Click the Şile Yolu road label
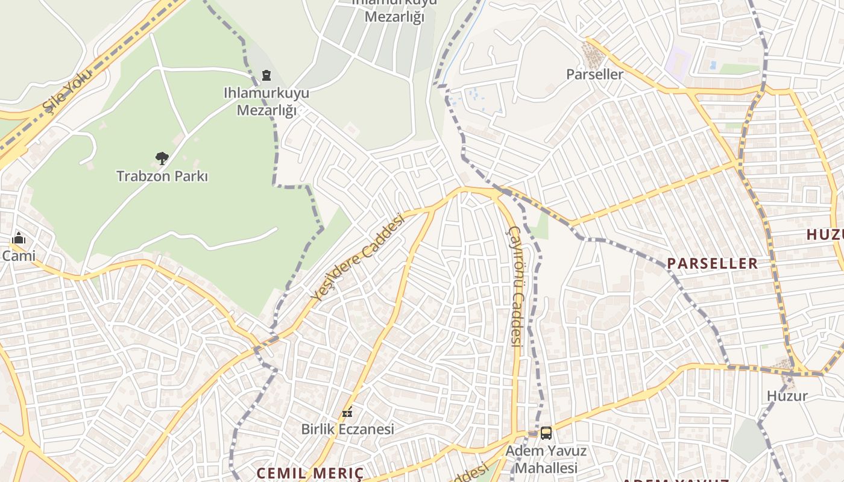[x=67, y=91]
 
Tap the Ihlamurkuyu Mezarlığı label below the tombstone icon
[x=266, y=101]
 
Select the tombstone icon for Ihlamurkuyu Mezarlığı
[x=266, y=76]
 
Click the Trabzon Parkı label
[x=162, y=176]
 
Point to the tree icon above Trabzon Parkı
[x=162, y=158]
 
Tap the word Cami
[x=18, y=255]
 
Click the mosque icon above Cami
[x=18, y=238]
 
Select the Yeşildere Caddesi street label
[x=357, y=257]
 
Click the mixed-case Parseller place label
[x=594, y=74]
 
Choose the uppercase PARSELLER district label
[x=712, y=263]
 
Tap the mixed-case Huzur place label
[x=787, y=396]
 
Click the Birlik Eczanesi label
[x=347, y=429]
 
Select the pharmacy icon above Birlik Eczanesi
[x=347, y=412]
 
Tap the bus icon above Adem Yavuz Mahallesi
[x=546, y=433]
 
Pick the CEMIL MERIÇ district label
[x=310, y=473]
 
